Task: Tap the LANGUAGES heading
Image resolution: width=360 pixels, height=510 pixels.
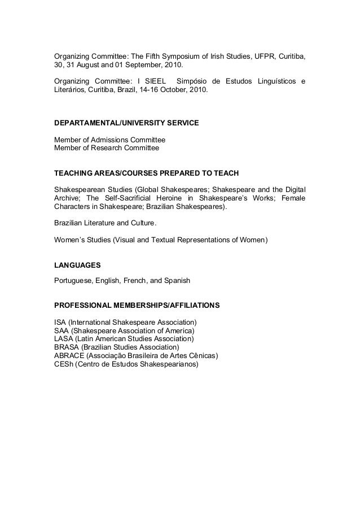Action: pos(78,264)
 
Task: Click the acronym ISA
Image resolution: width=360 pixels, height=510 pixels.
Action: pos(60,322)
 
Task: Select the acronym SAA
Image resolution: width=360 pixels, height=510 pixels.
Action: pos(62,330)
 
